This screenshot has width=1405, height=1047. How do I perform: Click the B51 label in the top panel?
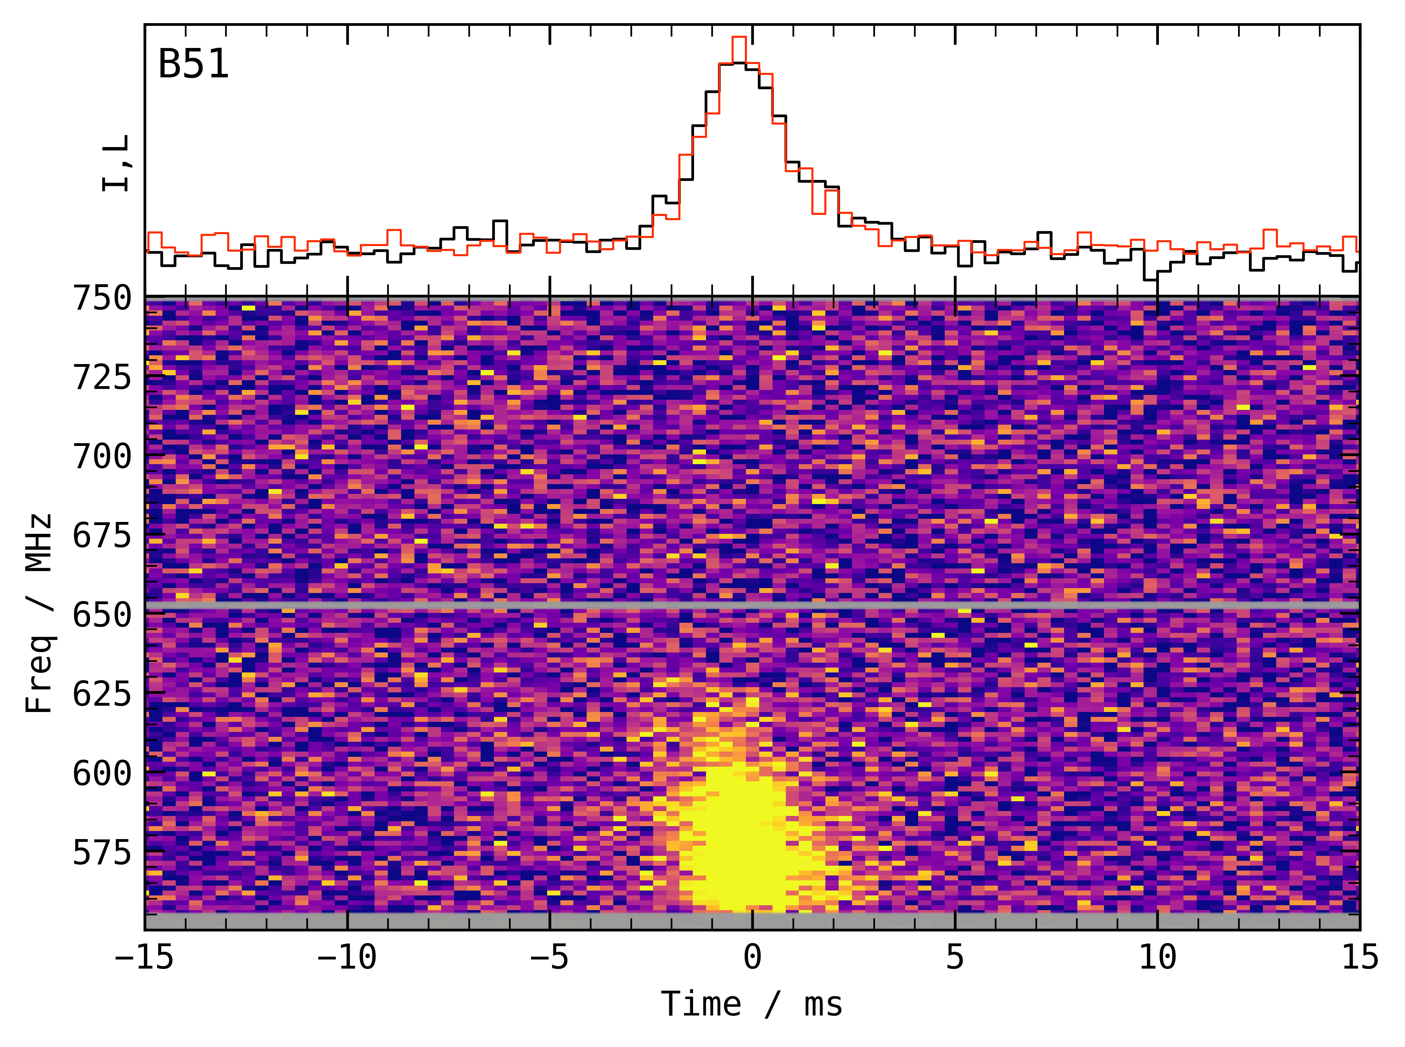(x=193, y=65)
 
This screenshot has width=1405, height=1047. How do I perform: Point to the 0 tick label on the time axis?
(x=752, y=957)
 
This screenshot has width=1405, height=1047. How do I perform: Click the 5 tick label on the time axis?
(x=955, y=957)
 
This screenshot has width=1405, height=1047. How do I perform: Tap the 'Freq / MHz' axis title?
(x=39, y=614)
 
